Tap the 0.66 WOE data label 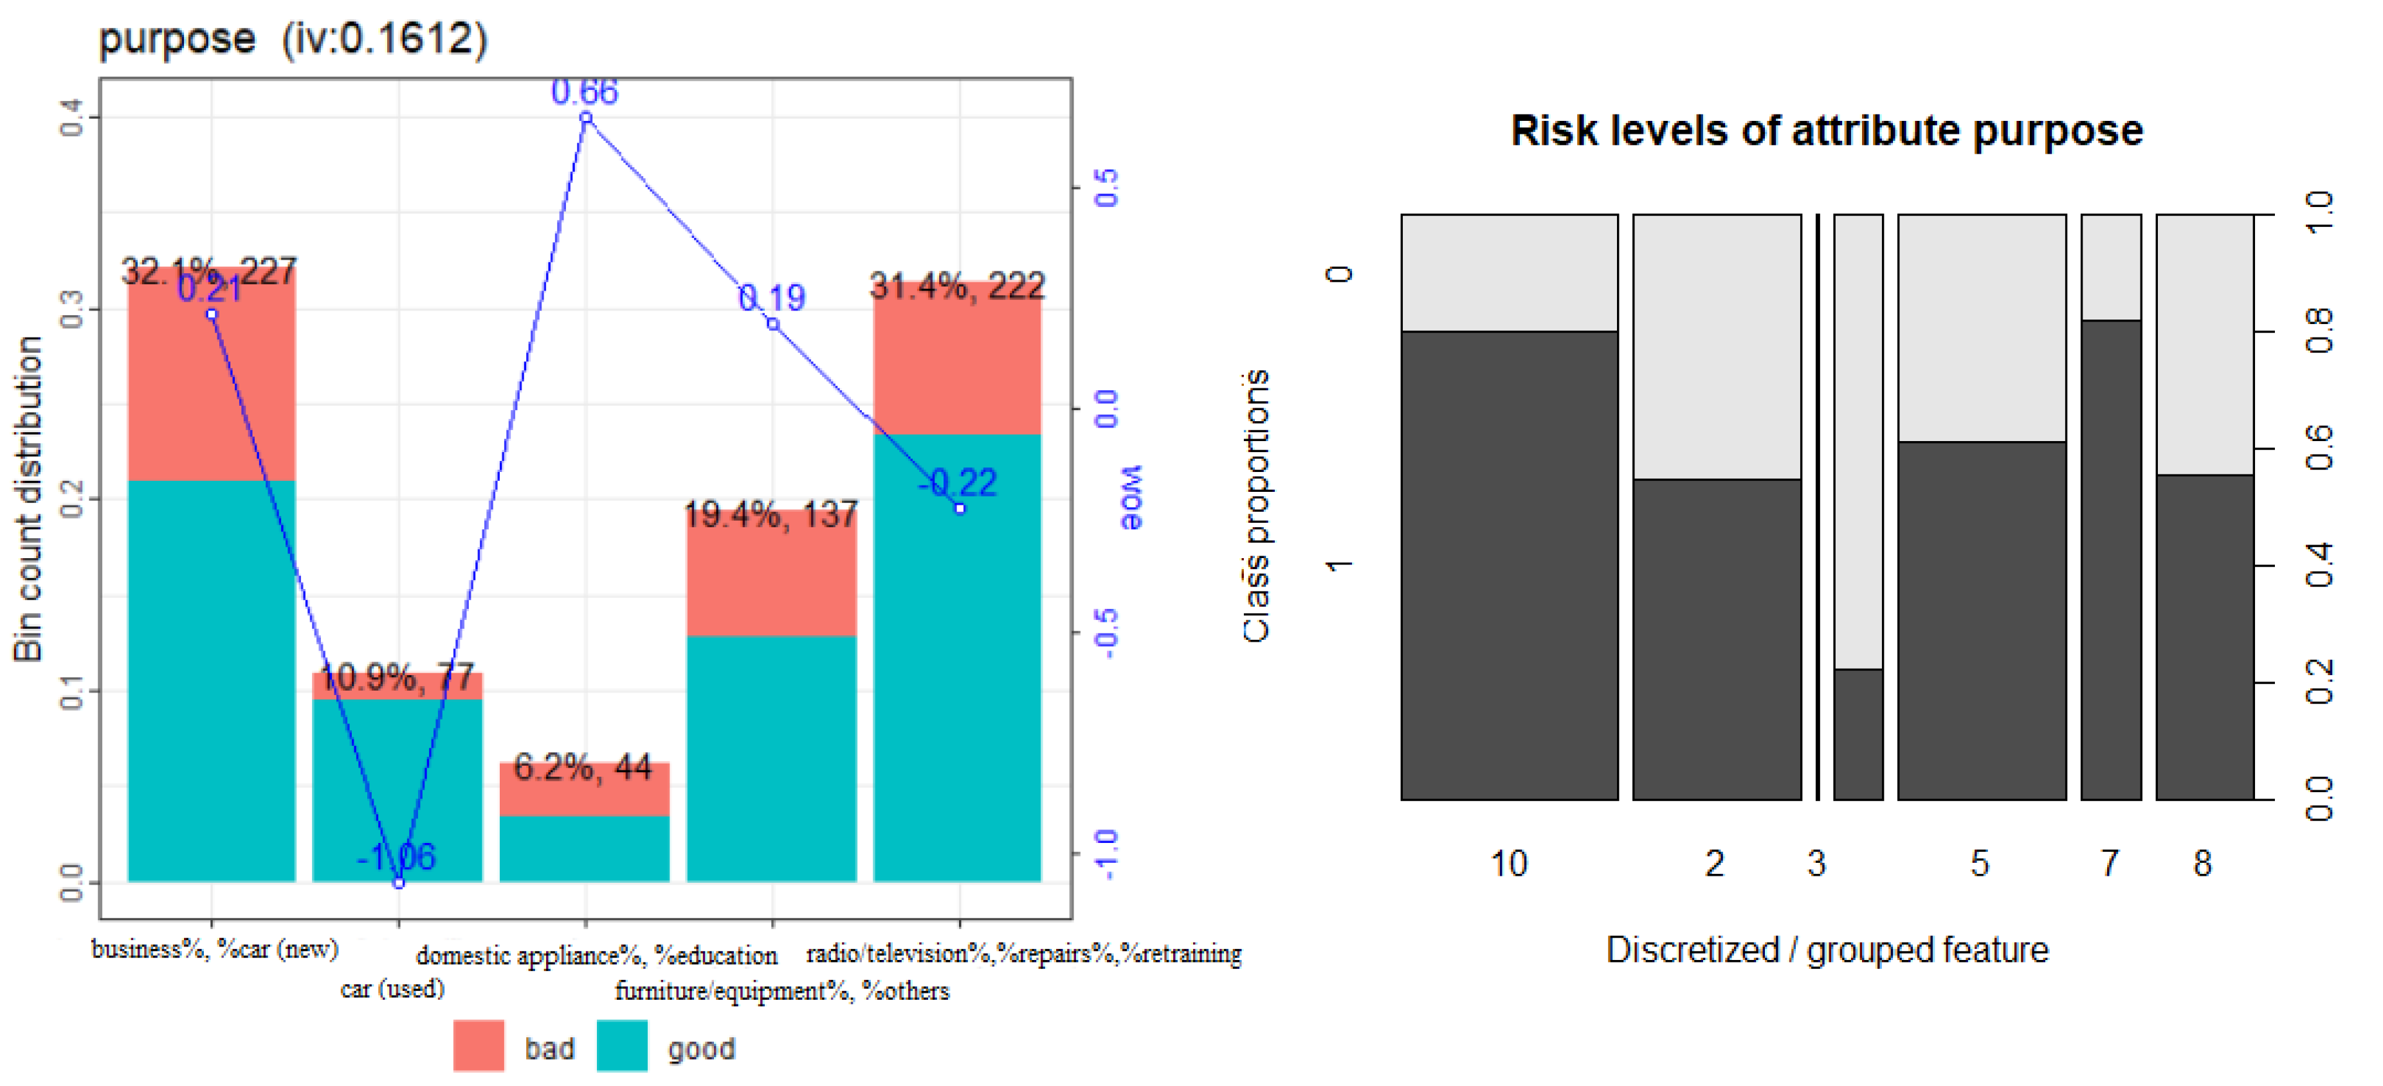tap(584, 91)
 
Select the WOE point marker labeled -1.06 tap(399, 883)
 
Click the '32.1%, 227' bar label tap(209, 271)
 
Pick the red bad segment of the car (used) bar tap(397, 686)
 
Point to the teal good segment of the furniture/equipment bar tap(772, 759)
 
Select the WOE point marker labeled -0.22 tap(959, 509)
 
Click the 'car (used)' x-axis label tap(392, 989)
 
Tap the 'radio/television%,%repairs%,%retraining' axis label tap(1023, 953)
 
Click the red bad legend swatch tap(479, 1045)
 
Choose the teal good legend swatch tap(622, 1045)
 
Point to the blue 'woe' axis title tap(1132, 498)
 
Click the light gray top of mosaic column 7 tap(2110, 267)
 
